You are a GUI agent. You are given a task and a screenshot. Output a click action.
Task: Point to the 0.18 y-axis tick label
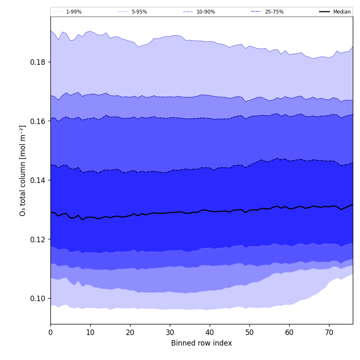click(x=38, y=62)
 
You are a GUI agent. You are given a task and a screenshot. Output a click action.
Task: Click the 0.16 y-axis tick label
click(x=38, y=121)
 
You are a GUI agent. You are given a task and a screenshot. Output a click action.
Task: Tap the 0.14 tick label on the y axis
click(x=38, y=180)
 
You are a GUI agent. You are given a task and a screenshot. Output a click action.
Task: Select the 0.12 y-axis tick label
click(x=38, y=239)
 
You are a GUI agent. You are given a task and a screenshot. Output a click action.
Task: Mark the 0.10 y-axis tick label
click(x=38, y=299)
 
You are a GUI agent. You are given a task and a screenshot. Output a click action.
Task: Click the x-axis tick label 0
click(x=50, y=332)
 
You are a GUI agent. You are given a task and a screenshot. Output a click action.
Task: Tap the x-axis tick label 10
click(x=90, y=332)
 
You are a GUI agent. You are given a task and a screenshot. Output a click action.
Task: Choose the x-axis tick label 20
click(x=130, y=332)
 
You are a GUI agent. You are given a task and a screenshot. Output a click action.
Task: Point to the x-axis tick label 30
click(x=170, y=332)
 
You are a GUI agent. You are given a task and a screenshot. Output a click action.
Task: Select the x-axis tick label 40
click(x=210, y=332)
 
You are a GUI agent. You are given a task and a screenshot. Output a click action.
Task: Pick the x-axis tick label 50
click(x=249, y=332)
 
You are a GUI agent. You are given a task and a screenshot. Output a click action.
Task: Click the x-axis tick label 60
click(x=289, y=332)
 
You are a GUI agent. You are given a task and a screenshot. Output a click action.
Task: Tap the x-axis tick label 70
click(x=329, y=332)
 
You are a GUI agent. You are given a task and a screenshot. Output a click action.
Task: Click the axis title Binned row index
click(x=202, y=343)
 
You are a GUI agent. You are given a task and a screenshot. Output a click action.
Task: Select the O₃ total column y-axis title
click(x=23, y=170)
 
